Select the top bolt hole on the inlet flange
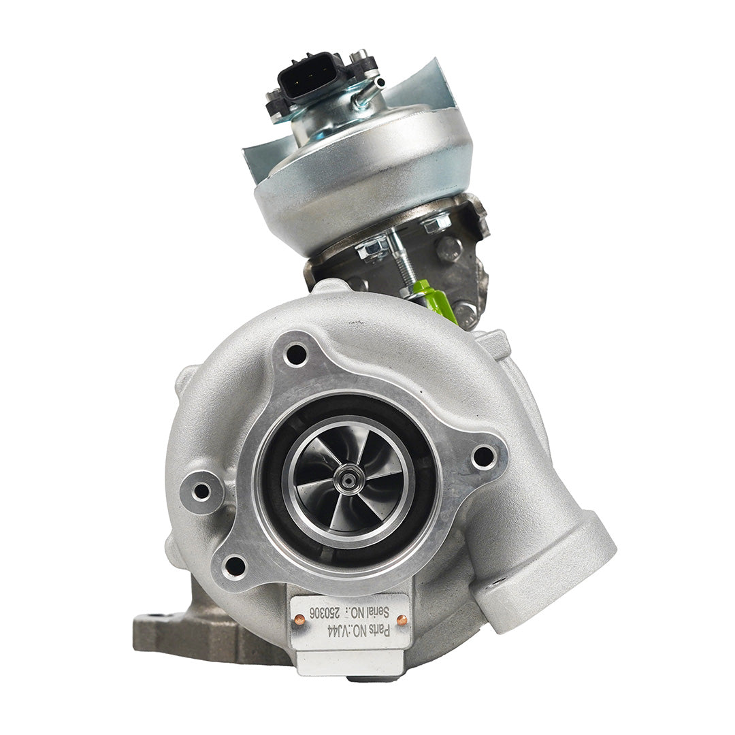[x=296, y=354]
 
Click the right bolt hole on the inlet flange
[x=484, y=457]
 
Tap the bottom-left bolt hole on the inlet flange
[x=235, y=566]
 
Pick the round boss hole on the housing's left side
[x=201, y=491]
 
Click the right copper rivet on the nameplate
[x=402, y=620]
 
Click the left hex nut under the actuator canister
[x=373, y=249]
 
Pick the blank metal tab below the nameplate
[x=350, y=663]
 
